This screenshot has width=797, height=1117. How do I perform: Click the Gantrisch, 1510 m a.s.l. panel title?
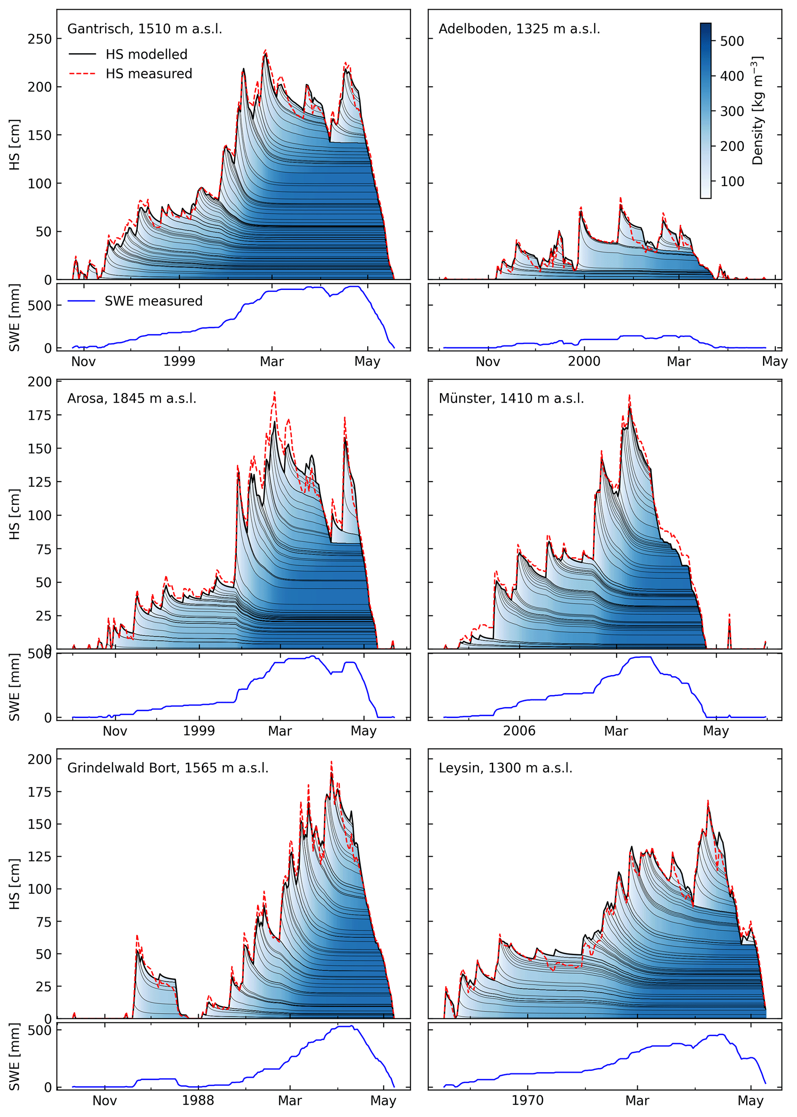(144, 29)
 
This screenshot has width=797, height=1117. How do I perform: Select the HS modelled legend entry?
(146, 54)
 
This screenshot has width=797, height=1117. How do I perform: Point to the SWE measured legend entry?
(153, 301)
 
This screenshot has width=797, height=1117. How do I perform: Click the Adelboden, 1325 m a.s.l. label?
(519, 29)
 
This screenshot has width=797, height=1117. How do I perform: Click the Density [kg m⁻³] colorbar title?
(758, 110)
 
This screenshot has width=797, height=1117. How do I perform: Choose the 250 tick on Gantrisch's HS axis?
(39, 39)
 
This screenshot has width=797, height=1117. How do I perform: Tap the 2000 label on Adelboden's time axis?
(584, 362)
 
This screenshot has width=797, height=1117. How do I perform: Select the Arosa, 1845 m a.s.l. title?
(131, 399)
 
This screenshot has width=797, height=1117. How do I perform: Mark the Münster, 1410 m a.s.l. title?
(511, 399)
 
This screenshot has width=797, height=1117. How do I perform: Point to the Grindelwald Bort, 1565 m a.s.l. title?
(168, 768)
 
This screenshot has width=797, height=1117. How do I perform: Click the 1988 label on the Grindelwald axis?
(198, 1101)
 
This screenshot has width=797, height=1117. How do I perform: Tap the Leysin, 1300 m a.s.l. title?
(505, 768)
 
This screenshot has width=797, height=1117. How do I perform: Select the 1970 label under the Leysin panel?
(527, 1101)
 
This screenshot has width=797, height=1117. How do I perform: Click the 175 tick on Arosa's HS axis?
(39, 415)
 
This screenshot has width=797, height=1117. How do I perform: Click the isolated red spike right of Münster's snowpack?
(729, 615)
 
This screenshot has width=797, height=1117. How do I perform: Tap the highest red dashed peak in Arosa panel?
(274, 392)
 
